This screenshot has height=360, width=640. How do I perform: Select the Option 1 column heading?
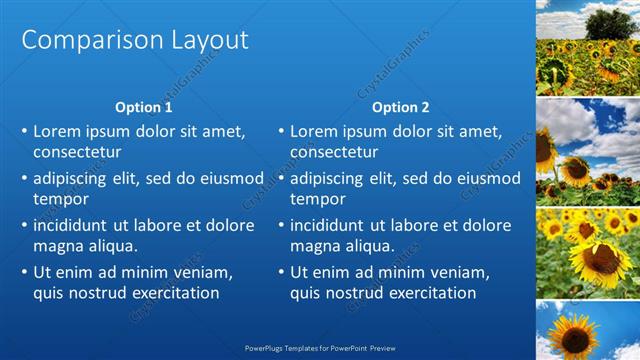tap(144, 107)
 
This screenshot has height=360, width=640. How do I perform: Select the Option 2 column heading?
tap(400, 107)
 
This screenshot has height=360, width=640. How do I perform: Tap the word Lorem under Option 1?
tap(56, 131)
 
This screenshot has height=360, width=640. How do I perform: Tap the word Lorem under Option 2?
tap(313, 131)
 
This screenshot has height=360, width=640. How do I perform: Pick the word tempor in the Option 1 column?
tap(60, 199)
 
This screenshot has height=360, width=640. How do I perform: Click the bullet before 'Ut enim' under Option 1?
tap(23, 272)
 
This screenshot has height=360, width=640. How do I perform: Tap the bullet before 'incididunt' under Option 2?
tap(280, 225)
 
